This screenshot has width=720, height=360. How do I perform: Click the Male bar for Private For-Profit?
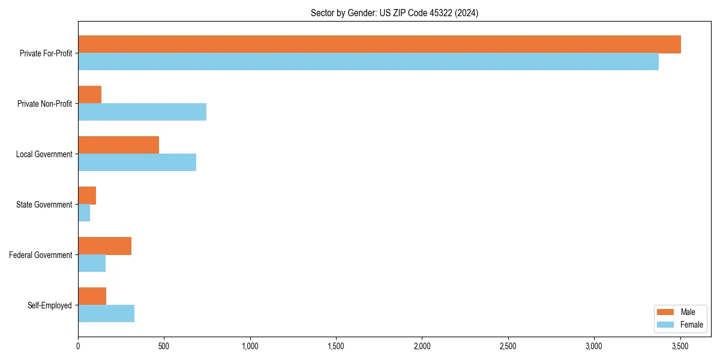pos(379,44)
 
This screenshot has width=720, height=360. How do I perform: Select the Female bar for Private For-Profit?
pos(368,62)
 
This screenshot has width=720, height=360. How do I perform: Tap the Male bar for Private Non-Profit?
pos(90,95)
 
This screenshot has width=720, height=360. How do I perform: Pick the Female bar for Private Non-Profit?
pos(142,112)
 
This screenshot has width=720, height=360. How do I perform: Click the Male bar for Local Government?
pos(119,145)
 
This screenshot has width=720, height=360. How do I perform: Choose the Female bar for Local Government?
pos(137,163)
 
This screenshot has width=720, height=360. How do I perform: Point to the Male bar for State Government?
pos(87,196)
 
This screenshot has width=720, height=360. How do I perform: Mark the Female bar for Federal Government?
pos(92,263)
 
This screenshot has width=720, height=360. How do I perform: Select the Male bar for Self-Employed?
pos(92,296)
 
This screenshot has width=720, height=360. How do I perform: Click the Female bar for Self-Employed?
pos(106,314)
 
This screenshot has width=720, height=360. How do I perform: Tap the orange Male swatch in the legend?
pos(666,312)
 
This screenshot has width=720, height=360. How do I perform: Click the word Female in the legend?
pos(692,325)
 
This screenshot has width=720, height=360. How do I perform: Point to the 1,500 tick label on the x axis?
pos(336,346)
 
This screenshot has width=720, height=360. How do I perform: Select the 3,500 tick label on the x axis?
pos(680,346)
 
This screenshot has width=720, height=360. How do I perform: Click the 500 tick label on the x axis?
pos(164,346)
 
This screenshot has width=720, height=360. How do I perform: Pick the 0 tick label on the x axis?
pos(78,346)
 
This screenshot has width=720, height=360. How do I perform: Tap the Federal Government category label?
pos(41,255)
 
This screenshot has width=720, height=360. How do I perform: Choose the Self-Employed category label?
pos(50,305)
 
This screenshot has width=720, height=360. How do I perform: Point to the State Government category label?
pos(44,205)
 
